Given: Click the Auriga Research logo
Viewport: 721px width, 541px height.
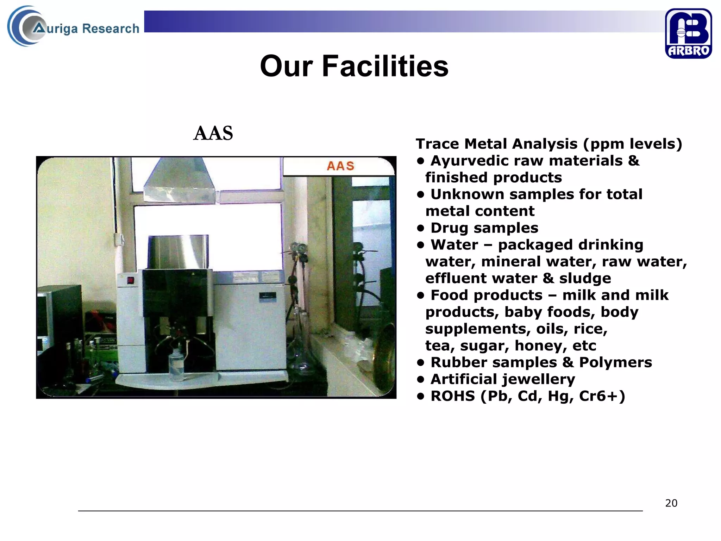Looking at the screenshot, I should [73, 27].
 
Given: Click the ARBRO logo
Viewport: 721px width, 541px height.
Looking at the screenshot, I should [688, 33].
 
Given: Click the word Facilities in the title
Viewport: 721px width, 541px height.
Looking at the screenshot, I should [385, 66].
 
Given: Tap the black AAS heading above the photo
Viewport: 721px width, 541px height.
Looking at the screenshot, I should [213, 133].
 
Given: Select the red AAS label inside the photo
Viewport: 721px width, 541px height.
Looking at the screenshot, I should [340, 166].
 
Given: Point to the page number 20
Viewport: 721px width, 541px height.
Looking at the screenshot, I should [671, 503].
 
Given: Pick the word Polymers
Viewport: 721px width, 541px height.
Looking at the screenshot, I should [615, 362].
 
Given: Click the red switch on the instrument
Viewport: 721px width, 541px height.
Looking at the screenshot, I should [131, 280].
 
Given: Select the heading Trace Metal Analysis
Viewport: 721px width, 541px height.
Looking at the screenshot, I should [496, 144].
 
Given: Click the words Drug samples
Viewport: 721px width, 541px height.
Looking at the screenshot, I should [484, 228].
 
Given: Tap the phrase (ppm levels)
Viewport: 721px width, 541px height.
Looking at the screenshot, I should [633, 144].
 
